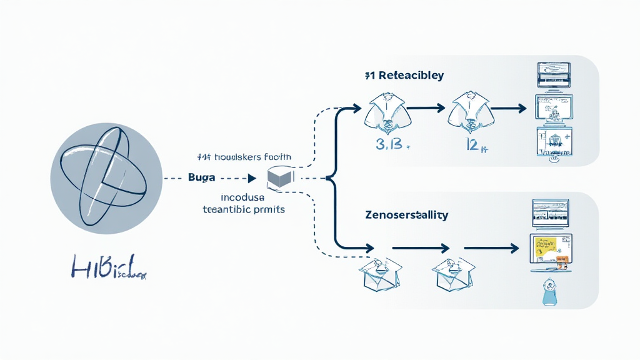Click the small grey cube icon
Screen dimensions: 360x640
279,178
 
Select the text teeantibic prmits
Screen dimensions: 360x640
244,210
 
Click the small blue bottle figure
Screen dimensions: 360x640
549,291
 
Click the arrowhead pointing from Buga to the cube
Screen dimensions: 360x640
251,178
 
